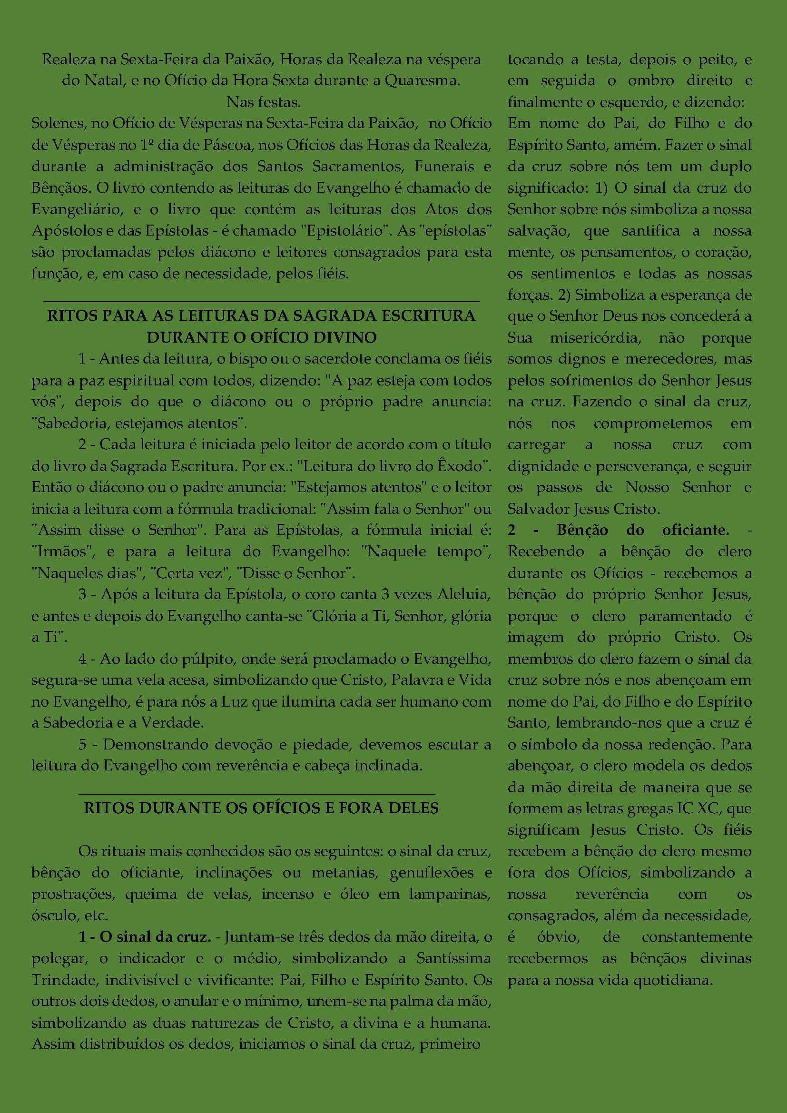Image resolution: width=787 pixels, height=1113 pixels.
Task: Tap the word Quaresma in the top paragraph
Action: click(421, 80)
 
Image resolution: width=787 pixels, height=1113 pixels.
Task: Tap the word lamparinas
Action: click(450, 894)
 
